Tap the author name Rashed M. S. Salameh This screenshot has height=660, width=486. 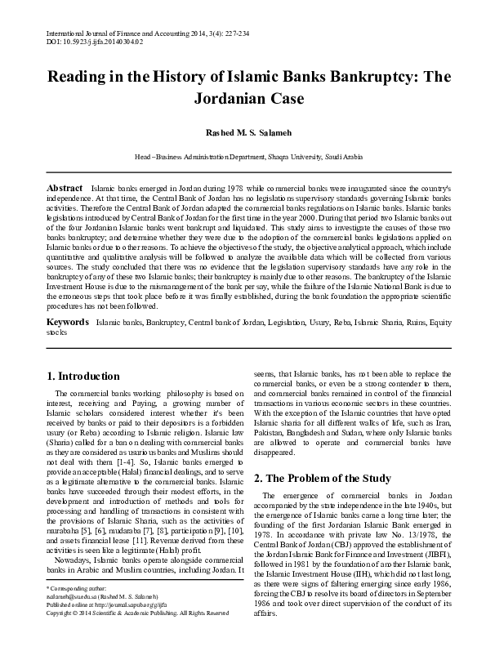tap(243, 132)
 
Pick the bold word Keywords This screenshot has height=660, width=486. tap(67, 346)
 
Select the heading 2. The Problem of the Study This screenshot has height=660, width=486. tap(323, 477)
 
